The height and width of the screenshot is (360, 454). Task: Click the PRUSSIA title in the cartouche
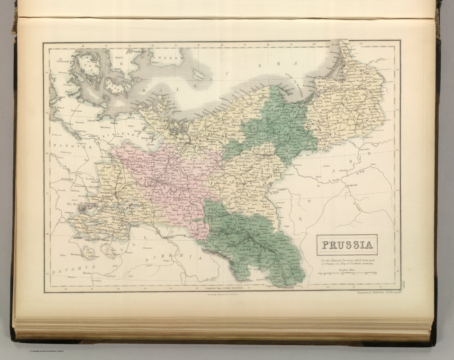(346, 245)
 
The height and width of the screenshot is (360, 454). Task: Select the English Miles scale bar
(348, 274)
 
